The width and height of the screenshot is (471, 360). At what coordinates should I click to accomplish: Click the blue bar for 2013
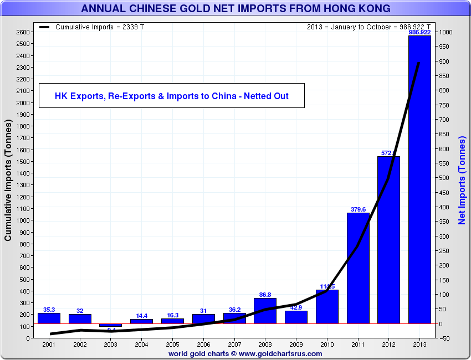(419, 183)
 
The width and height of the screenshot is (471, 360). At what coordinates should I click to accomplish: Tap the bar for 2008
(265, 311)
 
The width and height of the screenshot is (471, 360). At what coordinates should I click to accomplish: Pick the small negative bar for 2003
(110, 325)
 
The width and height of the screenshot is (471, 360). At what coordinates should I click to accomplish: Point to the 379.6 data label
(358, 209)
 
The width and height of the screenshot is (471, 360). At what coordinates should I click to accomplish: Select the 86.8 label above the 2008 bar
(265, 295)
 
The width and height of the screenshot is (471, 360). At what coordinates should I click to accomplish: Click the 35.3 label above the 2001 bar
(49, 310)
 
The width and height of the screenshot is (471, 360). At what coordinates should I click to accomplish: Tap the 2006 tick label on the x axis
(203, 344)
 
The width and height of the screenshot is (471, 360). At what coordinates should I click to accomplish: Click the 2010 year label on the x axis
(327, 344)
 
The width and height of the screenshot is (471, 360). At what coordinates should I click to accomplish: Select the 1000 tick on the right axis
(446, 32)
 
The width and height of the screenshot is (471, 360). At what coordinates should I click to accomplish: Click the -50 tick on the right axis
(446, 338)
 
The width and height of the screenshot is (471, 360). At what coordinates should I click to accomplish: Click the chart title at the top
(235, 8)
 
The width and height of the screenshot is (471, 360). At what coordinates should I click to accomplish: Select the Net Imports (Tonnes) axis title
(462, 180)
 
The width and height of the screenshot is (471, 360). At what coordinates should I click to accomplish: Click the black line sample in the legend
(45, 27)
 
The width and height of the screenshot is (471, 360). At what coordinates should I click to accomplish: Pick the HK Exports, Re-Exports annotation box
(171, 96)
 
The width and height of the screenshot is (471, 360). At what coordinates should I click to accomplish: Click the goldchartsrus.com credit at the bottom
(245, 353)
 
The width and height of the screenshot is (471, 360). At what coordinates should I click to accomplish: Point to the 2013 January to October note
(368, 27)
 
